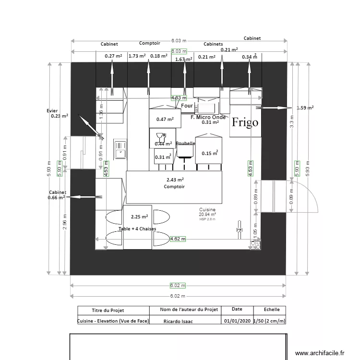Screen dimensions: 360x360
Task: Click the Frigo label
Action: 245,122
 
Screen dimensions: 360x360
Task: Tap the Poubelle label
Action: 185,144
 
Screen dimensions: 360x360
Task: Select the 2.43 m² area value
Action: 174,180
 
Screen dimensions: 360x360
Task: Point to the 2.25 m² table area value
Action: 139,216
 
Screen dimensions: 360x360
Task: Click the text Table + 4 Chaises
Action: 137,229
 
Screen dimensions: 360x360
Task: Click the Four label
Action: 187,106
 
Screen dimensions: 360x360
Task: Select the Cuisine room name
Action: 207,210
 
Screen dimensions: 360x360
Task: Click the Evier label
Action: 52,110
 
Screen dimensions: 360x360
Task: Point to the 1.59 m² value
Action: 305,108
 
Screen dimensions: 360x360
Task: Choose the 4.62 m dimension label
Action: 178,238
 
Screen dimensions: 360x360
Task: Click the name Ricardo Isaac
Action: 178,321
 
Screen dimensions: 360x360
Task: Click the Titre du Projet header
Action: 113,310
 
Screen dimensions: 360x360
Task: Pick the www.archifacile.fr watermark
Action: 320,353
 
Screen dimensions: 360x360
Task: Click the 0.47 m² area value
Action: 165,119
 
